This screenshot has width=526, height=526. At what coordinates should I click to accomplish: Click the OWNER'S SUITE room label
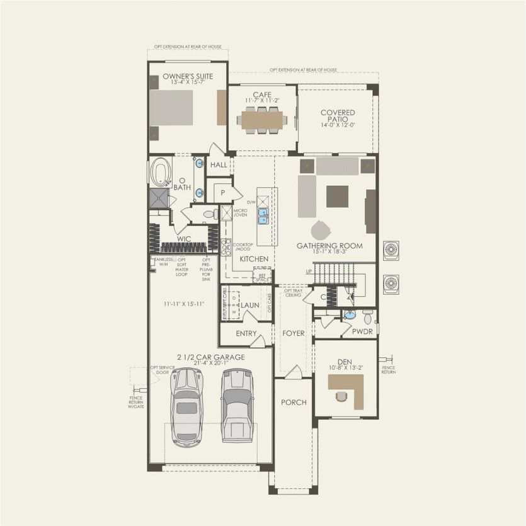(187, 76)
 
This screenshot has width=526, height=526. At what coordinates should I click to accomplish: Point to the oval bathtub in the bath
(161, 172)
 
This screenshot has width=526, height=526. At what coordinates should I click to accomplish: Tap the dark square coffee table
(337, 196)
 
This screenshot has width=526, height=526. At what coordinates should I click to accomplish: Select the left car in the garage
(186, 406)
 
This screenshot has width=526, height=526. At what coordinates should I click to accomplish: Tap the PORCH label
(294, 403)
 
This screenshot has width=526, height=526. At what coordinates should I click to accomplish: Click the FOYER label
(293, 333)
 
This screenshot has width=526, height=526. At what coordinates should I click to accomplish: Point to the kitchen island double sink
(264, 217)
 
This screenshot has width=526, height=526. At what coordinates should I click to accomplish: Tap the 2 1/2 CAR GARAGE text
(210, 357)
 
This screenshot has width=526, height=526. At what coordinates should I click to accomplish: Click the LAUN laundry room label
(250, 305)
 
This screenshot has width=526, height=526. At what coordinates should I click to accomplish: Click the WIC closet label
(184, 239)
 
